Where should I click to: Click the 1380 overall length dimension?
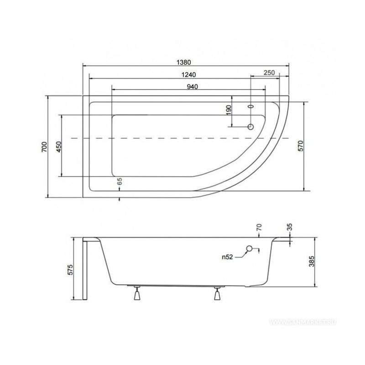(184, 63)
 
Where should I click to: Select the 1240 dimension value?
(188, 75)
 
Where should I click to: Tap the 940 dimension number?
(193, 87)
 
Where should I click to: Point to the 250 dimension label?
(269, 73)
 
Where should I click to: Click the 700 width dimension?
(44, 146)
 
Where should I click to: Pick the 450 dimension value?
(59, 147)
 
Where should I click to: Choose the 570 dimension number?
(301, 146)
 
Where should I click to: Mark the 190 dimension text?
(229, 110)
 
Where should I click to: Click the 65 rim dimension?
(120, 181)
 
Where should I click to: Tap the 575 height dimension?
(70, 270)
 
